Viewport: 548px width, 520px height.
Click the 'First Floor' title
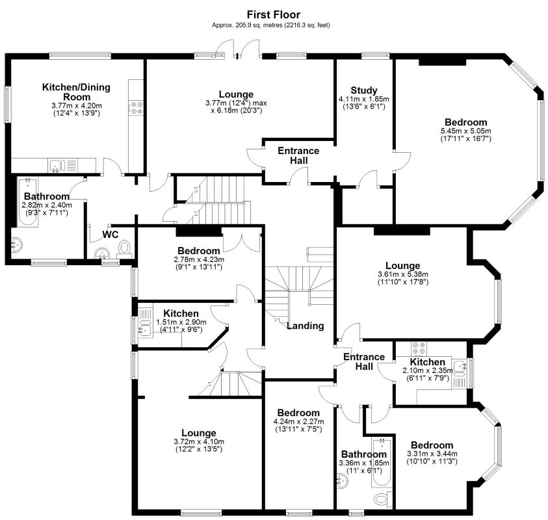pyautogui.click(x=273, y=14)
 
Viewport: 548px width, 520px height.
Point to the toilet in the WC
pyautogui.click(x=125, y=248)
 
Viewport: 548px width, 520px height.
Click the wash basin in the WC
pyautogui.click(x=101, y=253)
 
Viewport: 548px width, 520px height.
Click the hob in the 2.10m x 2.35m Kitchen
pyautogui.click(x=418, y=348)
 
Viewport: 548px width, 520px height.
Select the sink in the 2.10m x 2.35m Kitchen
pyautogui.click(x=461, y=369)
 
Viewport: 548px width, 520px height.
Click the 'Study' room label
pyautogui.click(x=363, y=90)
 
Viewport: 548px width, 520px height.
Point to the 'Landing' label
pyautogui.click(x=305, y=326)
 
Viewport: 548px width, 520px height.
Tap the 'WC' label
pyautogui.click(x=109, y=235)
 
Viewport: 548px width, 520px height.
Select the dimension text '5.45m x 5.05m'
pyautogui.click(x=465, y=131)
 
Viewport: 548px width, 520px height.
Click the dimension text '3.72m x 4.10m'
pyautogui.click(x=198, y=442)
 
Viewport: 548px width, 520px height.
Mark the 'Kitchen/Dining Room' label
pyautogui.click(x=76, y=92)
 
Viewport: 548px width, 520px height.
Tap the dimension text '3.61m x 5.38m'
pyautogui.click(x=402, y=274)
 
